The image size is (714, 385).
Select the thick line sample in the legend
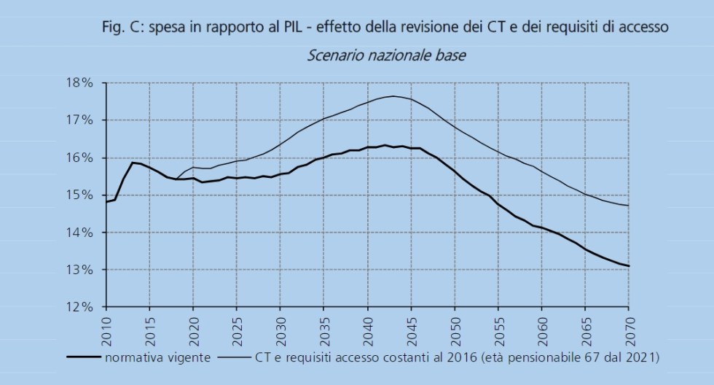[83, 357]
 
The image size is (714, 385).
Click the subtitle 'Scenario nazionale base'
[386, 55]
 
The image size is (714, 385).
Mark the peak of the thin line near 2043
[393, 96]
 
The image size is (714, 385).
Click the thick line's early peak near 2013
[133, 163]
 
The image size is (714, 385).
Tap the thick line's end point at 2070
[629, 266]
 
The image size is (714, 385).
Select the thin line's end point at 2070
[629, 206]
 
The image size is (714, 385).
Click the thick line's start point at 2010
[106, 202]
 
